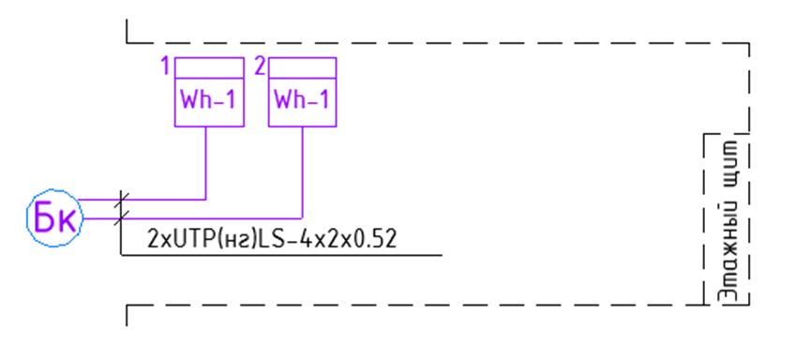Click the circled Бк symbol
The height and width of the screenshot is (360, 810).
point(54,217)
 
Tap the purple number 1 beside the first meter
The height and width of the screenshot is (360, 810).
point(165,67)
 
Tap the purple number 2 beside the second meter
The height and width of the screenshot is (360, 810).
point(260,67)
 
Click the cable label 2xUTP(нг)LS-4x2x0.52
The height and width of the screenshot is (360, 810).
point(272,239)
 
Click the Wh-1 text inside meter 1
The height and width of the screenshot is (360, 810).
point(209,100)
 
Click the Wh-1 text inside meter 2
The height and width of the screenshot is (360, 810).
point(302,100)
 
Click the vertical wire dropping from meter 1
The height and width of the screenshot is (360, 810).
point(206,163)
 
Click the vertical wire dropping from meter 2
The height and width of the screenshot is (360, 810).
point(302,172)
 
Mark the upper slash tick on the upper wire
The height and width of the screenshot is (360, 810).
point(123,200)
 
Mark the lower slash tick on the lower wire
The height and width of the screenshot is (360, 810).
point(123,218)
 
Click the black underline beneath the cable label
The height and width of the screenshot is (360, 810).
point(281,255)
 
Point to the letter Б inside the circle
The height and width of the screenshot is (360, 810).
point(43,217)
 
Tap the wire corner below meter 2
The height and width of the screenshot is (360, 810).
point(302,218)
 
